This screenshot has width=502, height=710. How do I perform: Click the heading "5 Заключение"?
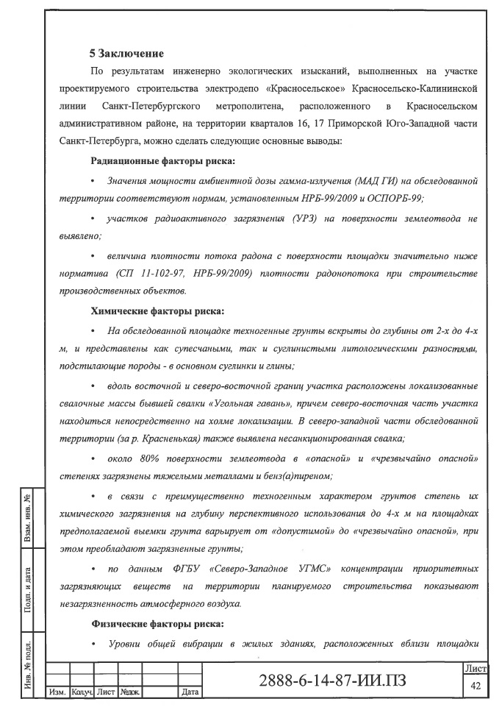click(126, 54)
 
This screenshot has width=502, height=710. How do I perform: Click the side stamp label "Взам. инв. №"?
click(26, 519)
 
